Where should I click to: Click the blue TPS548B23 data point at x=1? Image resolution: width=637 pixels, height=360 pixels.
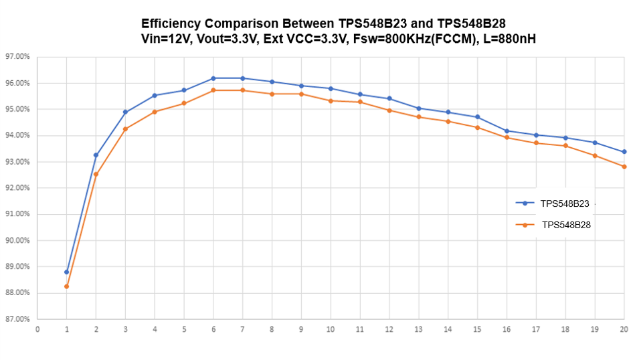pyautogui.click(x=67, y=272)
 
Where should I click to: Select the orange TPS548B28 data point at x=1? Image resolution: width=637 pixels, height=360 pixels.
pyautogui.click(x=67, y=286)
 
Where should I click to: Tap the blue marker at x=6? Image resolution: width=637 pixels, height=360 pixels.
pyautogui.click(x=213, y=78)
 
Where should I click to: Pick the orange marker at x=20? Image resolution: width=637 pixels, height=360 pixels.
pyautogui.click(x=624, y=167)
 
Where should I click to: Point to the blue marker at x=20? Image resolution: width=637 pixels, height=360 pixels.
pyautogui.click(x=624, y=152)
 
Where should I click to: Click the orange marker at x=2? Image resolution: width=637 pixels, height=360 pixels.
pyautogui.click(x=96, y=174)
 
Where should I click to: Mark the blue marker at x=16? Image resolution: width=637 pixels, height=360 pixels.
pyautogui.click(x=507, y=131)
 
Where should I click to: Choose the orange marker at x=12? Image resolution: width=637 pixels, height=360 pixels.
pyautogui.click(x=389, y=110)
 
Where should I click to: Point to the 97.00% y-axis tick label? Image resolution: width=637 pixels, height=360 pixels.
pyautogui.click(x=17, y=57)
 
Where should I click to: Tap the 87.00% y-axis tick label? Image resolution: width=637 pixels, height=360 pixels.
pyautogui.click(x=17, y=319)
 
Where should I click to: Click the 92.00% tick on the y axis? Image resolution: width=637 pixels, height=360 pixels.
pyautogui.click(x=17, y=188)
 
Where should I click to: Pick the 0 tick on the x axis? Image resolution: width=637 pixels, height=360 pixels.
pyautogui.click(x=37, y=329)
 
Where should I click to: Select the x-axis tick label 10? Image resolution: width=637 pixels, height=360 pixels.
pyautogui.click(x=331, y=329)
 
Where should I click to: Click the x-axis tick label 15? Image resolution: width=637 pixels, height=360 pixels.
pyautogui.click(x=477, y=329)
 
